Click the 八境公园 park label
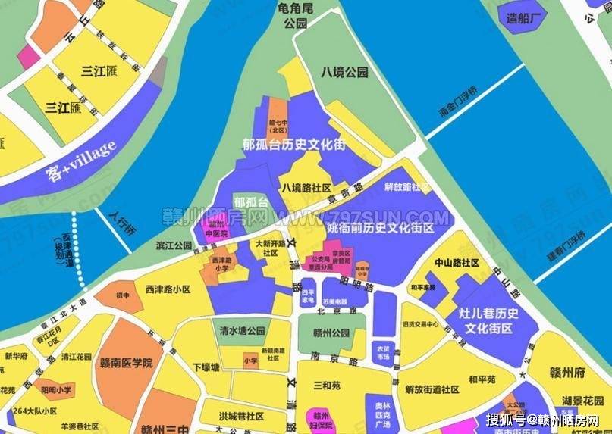click(x=344, y=73)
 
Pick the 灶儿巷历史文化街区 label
click(x=489, y=320)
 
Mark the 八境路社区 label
click(x=306, y=187)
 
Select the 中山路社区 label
click(x=457, y=263)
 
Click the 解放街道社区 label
click(x=432, y=389)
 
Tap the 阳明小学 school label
click(x=57, y=391)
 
